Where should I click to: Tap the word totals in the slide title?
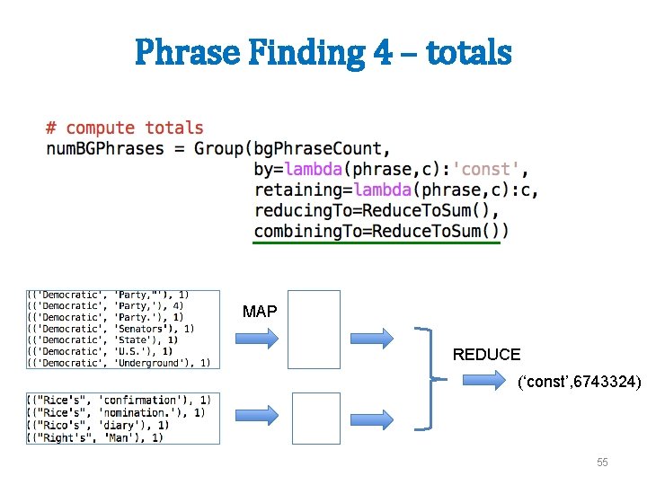click(x=469, y=52)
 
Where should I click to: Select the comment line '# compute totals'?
click(x=125, y=128)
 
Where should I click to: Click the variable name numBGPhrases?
click(x=105, y=148)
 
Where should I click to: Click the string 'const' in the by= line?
click(x=486, y=169)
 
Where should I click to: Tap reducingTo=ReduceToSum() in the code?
click(x=376, y=210)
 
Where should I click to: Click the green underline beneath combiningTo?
click(x=377, y=242)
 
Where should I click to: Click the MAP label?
click(x=260, y=312)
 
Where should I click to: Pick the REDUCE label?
click(x=486, y=355)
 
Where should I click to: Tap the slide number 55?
click(x=602, y=462)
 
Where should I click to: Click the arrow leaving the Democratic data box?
click(x=258, y=338)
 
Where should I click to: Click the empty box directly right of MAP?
click(x=315, y=330)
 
